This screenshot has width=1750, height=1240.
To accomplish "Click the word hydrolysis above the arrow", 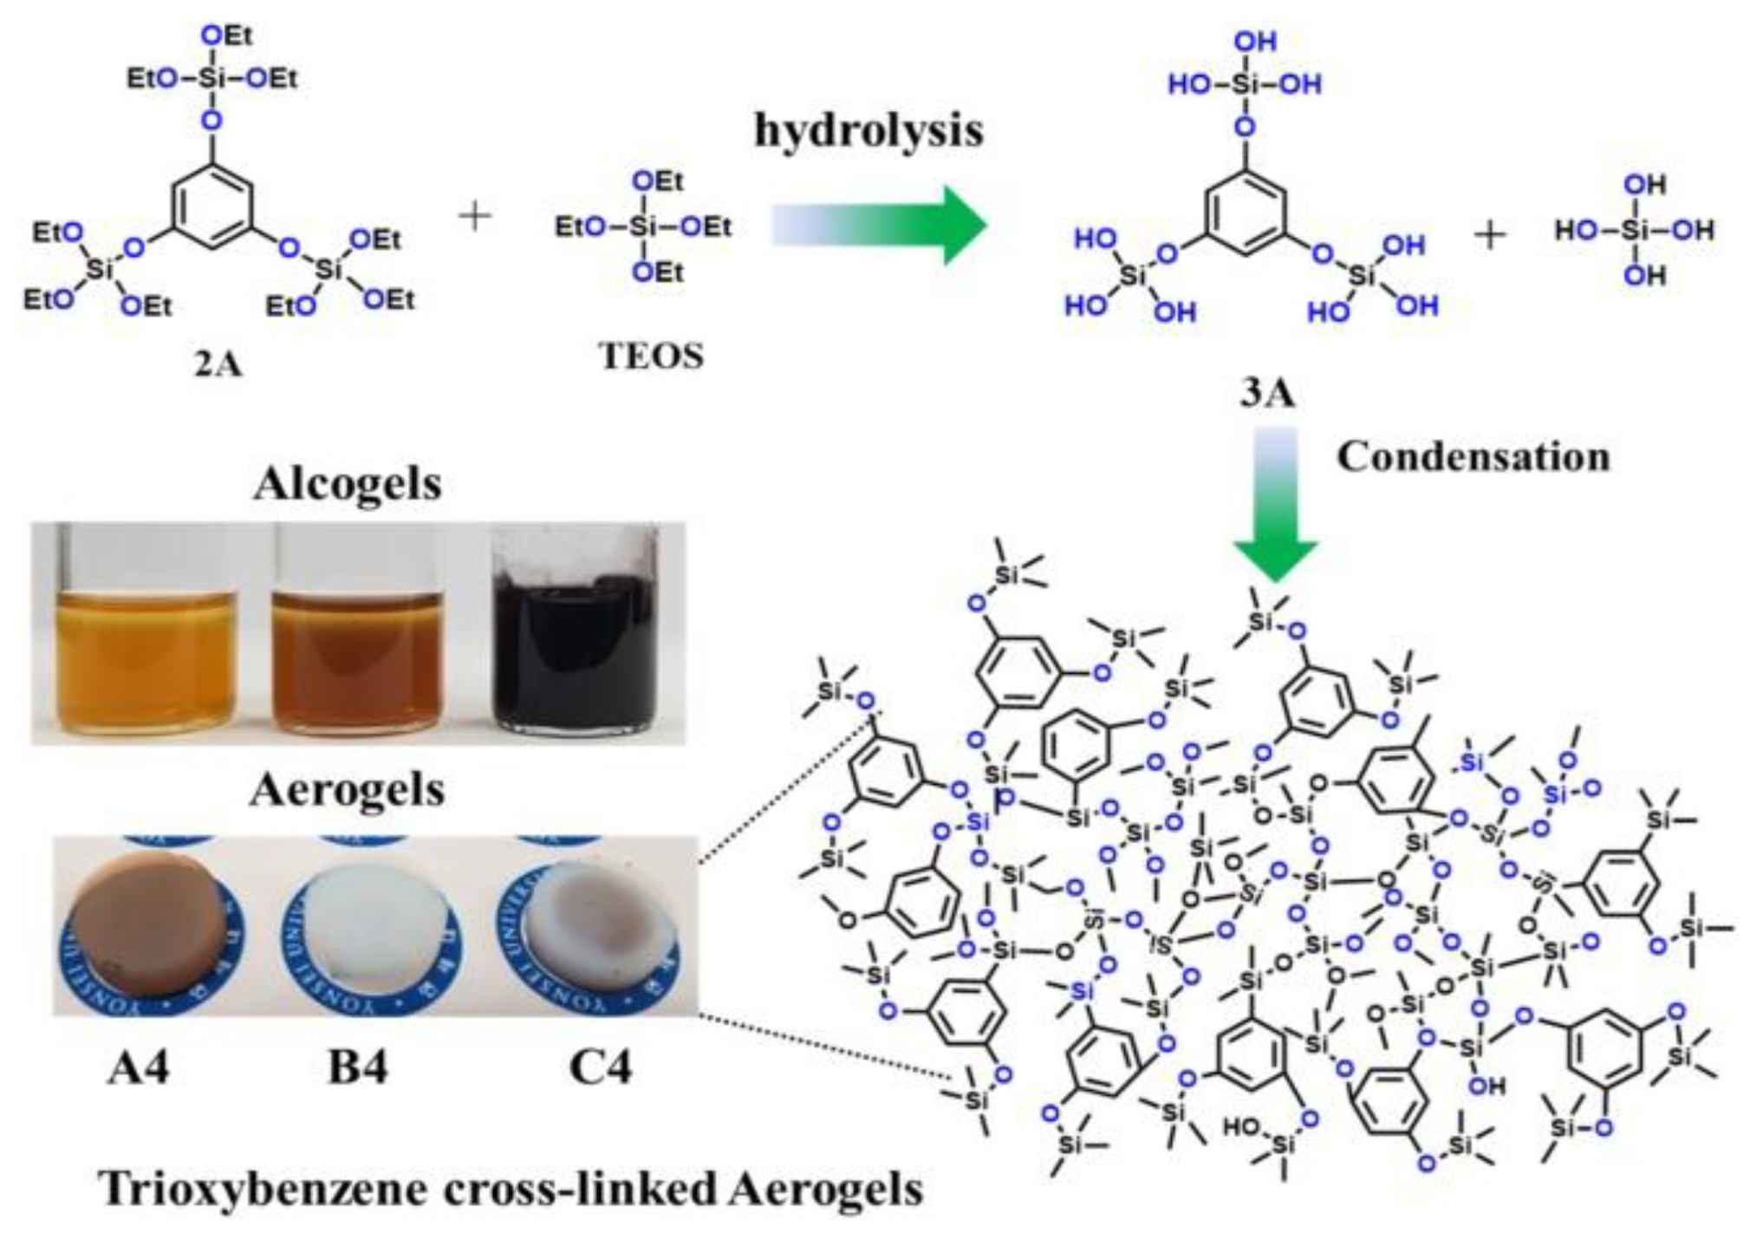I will point(868,132).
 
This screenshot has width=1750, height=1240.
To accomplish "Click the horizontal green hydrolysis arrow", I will point(880,225).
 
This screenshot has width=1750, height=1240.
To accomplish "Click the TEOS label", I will point(652,356).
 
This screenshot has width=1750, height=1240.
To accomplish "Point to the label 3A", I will point(1266,395).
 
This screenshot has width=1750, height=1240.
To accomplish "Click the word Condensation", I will point(1473,457).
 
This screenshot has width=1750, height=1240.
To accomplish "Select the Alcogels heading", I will point(348,484).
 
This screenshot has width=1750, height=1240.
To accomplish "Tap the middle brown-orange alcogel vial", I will point(358,659).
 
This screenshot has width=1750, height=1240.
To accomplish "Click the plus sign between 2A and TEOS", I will point(475,216).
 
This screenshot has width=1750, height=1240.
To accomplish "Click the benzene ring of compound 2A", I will point(213,205).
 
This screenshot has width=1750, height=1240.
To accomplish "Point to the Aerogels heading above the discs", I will point(348,790).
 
